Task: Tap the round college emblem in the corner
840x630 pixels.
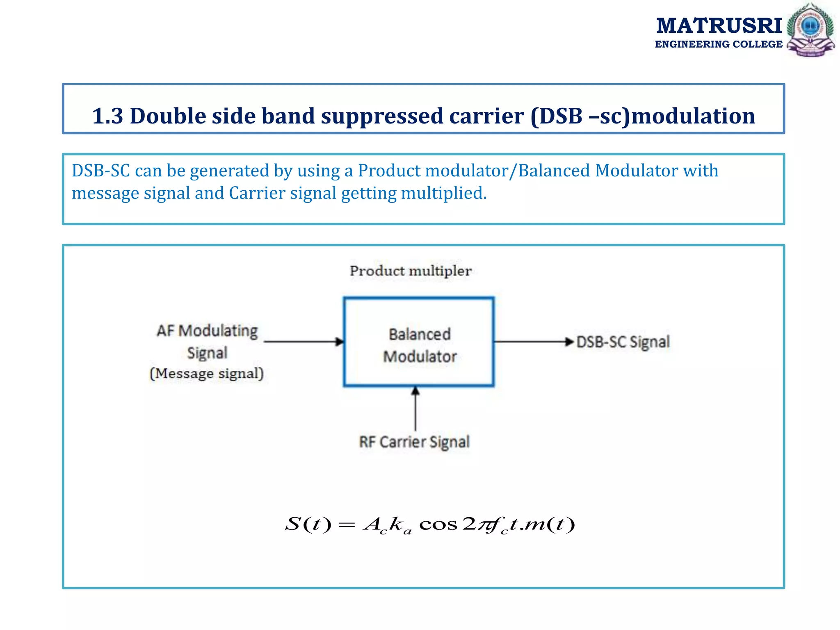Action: pos(810,30)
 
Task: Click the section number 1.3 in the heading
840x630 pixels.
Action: pos(107,116)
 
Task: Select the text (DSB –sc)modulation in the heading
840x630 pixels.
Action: pos(642,116)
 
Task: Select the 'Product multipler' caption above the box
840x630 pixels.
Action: pos(411,271)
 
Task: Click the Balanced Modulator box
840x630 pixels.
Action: pos(419,342)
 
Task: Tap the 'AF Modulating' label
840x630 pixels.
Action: pos(207,331)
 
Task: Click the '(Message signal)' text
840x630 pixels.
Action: pos(207,374)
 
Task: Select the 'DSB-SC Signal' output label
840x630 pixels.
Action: pos(623,342)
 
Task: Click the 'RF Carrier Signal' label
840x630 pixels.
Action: pos(414,442)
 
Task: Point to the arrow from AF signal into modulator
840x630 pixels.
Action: pos(304,341)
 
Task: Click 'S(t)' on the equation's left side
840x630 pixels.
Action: pos(308,524)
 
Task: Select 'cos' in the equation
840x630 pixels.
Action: pos(438,525)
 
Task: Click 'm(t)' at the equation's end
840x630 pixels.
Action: pos(550,524)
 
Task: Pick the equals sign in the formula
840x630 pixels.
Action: pos(347,525)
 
